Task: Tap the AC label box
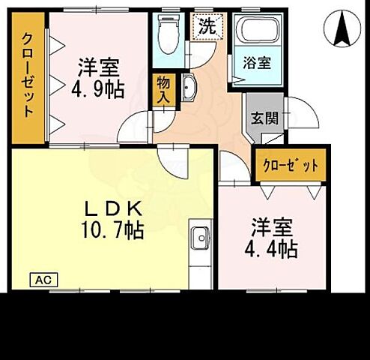pyautogui.click(x=43, y=279)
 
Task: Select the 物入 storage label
pyautogui.click(x=163, y=90)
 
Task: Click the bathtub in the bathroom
pyautogui.click(x=257, y=34)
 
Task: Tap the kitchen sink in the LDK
pyautogui.click(x=201, y=239)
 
